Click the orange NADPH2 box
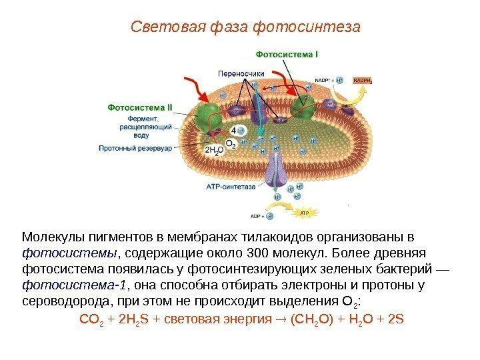coord(363,81)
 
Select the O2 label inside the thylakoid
coord(231,143)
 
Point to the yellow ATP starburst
coord(303,213)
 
